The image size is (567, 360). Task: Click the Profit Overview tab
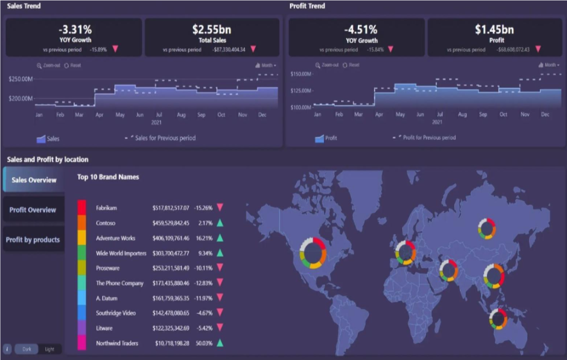(x=33, y=210)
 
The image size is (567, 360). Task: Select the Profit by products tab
(x=33, y=240)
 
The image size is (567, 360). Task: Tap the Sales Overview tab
(x=34, y=180)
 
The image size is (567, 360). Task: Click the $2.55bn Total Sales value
(x=212, y=29)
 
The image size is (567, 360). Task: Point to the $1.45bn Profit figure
(x=494, y=29)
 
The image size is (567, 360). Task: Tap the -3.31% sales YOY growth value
(x=74, y=29)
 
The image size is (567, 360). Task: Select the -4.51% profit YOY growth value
(x=360, y=29)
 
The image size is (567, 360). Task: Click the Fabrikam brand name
(x=106, y=208)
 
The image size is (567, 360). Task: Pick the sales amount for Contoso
(x=171, y=223)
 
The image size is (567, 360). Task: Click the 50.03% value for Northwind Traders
(x=203, y=343)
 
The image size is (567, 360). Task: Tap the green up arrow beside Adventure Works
(x=220, y=238)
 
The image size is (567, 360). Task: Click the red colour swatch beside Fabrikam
(x=81, y=208)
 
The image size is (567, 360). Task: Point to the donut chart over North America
(x=313, y=252)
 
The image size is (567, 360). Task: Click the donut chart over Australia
(x=497, y=318)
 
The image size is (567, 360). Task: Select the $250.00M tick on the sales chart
(x=21, y=79)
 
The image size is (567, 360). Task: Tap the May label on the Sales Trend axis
(x=119, y=115)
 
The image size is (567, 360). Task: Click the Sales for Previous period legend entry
(x=160, y=138)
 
